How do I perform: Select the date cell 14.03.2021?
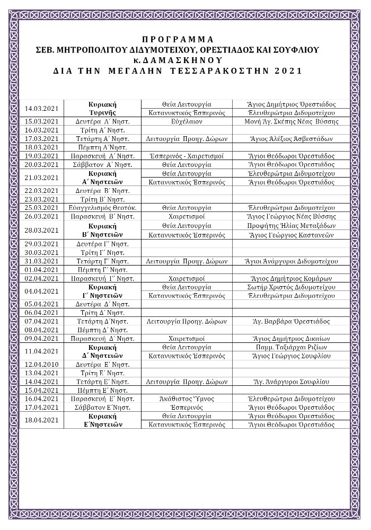pos(41,109)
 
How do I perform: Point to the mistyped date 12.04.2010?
pos(41,364)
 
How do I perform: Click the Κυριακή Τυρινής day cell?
pos(102,109)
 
